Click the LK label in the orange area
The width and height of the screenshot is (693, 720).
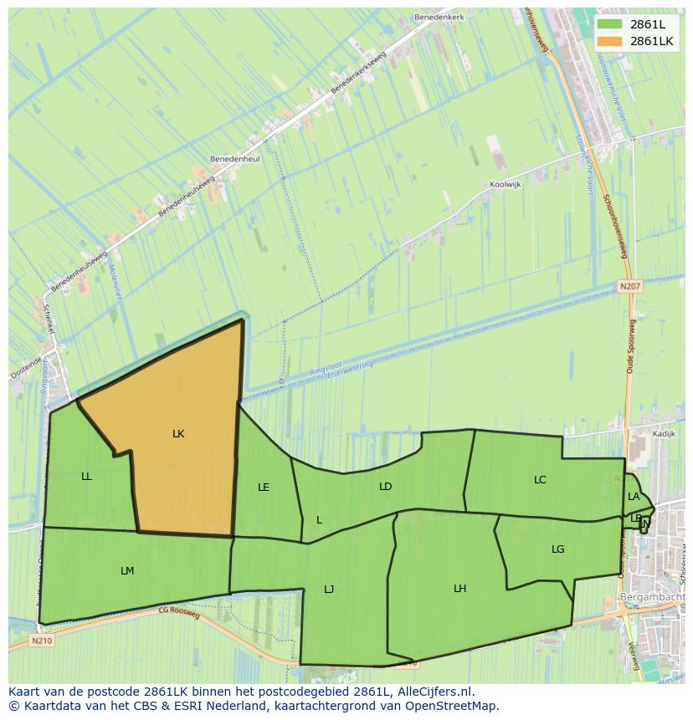178,434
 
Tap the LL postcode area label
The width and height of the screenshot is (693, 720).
87,477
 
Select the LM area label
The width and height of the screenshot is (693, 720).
127,571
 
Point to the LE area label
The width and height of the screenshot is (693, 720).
264,488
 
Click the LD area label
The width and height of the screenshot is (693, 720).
385,487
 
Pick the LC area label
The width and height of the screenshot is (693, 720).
540,480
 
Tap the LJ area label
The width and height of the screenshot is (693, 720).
329,590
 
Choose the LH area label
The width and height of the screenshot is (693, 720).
459,589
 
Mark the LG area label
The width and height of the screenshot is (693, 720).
558,549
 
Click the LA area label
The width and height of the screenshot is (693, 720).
634,497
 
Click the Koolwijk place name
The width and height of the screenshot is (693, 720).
506,186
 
